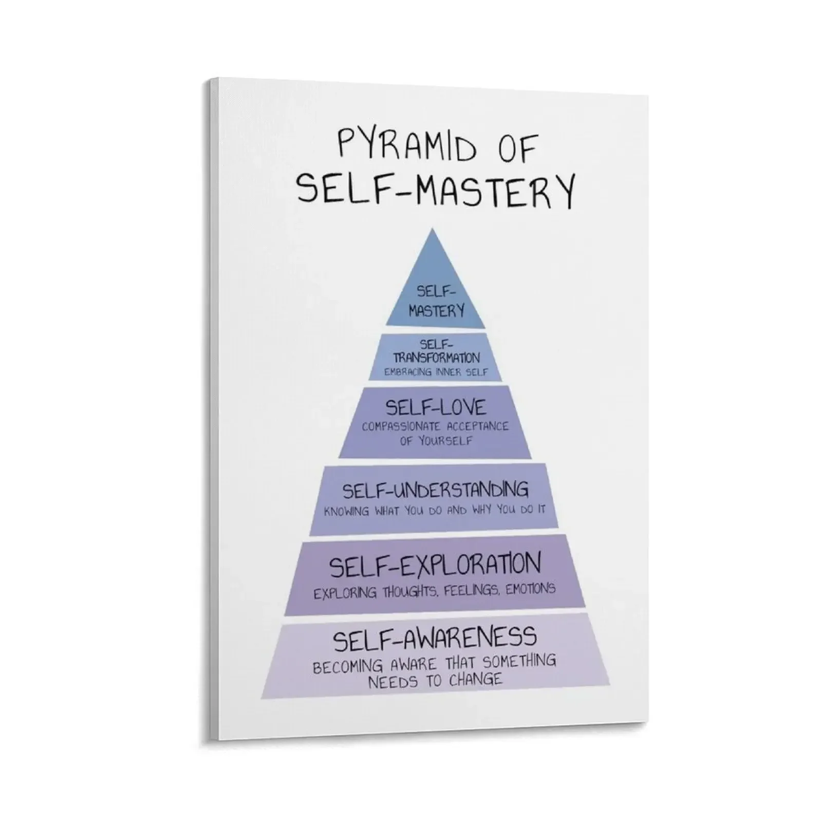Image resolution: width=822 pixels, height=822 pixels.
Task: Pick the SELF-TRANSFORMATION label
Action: [436, 351]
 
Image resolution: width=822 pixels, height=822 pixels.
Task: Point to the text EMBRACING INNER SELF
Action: [436, 371]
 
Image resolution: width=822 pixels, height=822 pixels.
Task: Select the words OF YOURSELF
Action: [436, 441]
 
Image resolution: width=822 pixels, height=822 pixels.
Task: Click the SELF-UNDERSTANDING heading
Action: [436, 490]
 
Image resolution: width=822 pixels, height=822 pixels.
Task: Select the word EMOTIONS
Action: [530, 589]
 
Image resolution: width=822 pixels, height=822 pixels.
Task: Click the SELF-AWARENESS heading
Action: [436, 639]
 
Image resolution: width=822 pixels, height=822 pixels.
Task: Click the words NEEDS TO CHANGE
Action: [435, 681]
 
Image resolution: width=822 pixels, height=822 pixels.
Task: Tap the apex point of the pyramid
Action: [433, 230]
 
